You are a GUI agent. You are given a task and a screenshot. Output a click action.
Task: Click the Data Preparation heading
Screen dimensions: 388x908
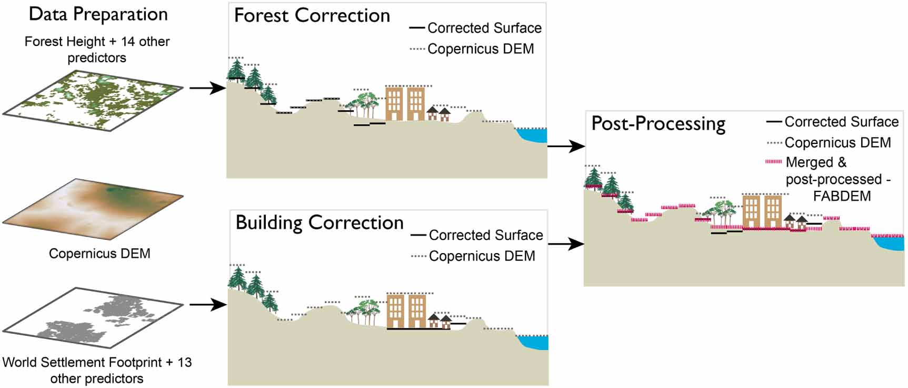(x=98, y=14)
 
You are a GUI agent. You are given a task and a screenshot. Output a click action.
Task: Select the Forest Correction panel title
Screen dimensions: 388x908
(x=312, y=16)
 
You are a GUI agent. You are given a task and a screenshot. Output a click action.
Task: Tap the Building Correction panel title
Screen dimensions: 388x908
(x=319, y=223)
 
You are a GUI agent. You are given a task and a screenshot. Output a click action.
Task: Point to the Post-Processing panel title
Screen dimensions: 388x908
(x=658, y=124)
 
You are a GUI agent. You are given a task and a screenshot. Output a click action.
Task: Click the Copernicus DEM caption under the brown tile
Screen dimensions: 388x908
(x=99, y=254)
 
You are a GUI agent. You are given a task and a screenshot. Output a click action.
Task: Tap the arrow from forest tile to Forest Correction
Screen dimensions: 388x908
(x=207, y=88)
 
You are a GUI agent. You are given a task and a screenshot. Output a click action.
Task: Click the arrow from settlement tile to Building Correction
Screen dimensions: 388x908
(x=207, y=305)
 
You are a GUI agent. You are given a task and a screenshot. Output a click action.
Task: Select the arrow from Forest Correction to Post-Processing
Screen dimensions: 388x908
(x=566, y=147)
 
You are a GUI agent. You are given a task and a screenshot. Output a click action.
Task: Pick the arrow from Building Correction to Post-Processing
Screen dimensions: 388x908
(x=566, y=244)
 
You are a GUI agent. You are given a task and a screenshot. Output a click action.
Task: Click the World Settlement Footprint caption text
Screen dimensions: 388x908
(x=97, y=370)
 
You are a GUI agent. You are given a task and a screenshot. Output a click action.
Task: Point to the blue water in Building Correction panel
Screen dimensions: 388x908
(x=534, y=342)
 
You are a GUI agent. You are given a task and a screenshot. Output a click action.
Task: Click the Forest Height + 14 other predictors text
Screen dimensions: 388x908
(x=97, y=49)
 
